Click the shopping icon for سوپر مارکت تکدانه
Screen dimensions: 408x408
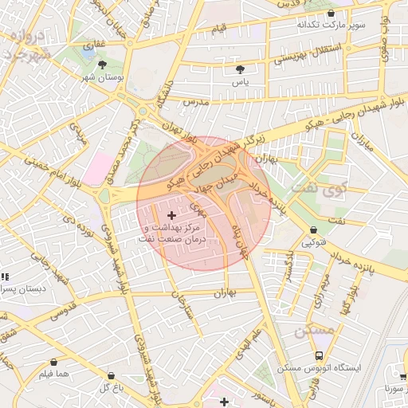pos(331,12)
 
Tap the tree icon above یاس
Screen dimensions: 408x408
pos(241,69)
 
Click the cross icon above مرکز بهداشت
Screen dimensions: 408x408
pos(172,215)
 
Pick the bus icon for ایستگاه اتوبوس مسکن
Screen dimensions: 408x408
pos(319,355)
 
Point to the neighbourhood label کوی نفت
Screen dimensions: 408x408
pos(314,188)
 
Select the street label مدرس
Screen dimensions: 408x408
pos(196,103)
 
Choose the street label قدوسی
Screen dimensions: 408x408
pos(62,309)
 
